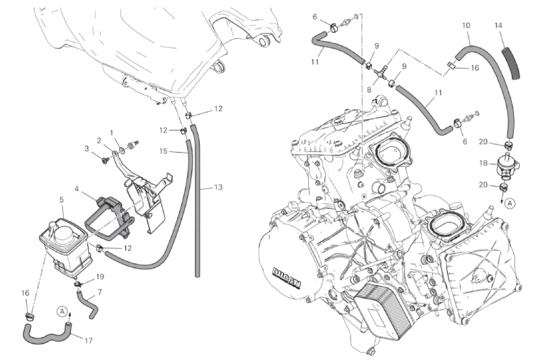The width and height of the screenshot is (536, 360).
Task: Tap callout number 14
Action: click(498, 25)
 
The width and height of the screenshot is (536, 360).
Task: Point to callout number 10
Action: click(466, 25)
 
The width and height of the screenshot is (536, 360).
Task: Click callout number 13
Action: click(219, 187)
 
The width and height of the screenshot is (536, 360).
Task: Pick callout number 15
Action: click(163, 151)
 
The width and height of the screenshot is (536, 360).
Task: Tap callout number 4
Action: click(77, 189)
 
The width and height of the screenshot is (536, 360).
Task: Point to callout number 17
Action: click(89, 341)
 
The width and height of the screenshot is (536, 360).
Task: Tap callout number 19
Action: click(100, 277)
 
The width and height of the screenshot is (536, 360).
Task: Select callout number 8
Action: click(369, 90)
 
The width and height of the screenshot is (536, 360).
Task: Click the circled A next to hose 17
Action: click(62, 312)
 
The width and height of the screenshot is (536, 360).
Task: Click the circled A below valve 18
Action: click(509, 203)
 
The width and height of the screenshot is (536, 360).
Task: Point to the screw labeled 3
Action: click(105, 159)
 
